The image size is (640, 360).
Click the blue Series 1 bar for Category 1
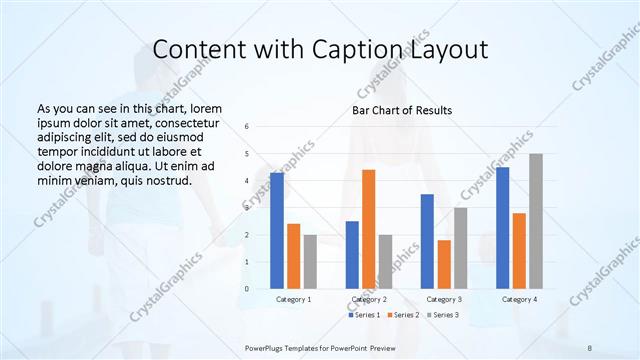tap(276, 231)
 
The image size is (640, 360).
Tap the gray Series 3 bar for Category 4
tap(536, 221)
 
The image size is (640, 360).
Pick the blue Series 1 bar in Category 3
tap(427, 242)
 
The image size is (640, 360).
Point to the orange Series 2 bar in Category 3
tap(444, 265)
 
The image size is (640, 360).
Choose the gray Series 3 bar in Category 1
tap(310, 262)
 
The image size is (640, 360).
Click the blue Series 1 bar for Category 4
tap(502, 228)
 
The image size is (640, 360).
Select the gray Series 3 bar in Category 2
tap(385, 262)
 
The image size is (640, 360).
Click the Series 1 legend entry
tap(365, 315)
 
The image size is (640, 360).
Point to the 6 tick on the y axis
tap(246, 127)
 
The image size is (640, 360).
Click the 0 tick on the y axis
tap(246, 289)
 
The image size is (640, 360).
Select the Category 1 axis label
tap(293, 299)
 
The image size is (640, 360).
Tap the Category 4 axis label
tap(519, 299)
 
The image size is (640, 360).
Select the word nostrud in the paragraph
tap(166, 180)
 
